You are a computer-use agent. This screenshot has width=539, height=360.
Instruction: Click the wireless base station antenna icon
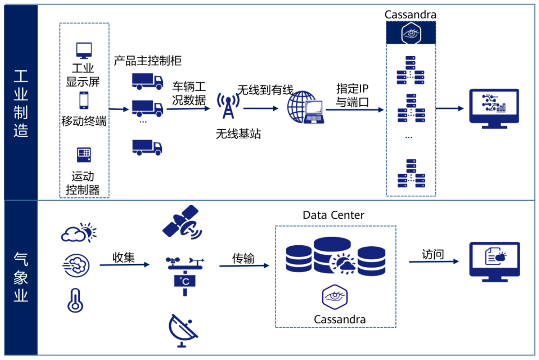pyautogui.click(x=228, y=106)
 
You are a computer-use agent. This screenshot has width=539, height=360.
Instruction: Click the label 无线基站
pyautogui.click(x=238, y=134)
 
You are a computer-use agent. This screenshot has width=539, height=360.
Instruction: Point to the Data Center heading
pyautogui.click(x=333, y=215)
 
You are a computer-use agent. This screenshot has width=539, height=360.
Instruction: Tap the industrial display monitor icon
pyautogui.click(x=84, y=50)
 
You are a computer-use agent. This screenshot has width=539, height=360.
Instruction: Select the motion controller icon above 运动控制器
pyautogui.click(x=84, y=155)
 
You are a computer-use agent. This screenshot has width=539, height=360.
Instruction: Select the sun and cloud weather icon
pyautogui.click(x=78, y=233)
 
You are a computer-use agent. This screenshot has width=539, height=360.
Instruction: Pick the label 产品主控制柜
pyautogui.click(x=147, y=61)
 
